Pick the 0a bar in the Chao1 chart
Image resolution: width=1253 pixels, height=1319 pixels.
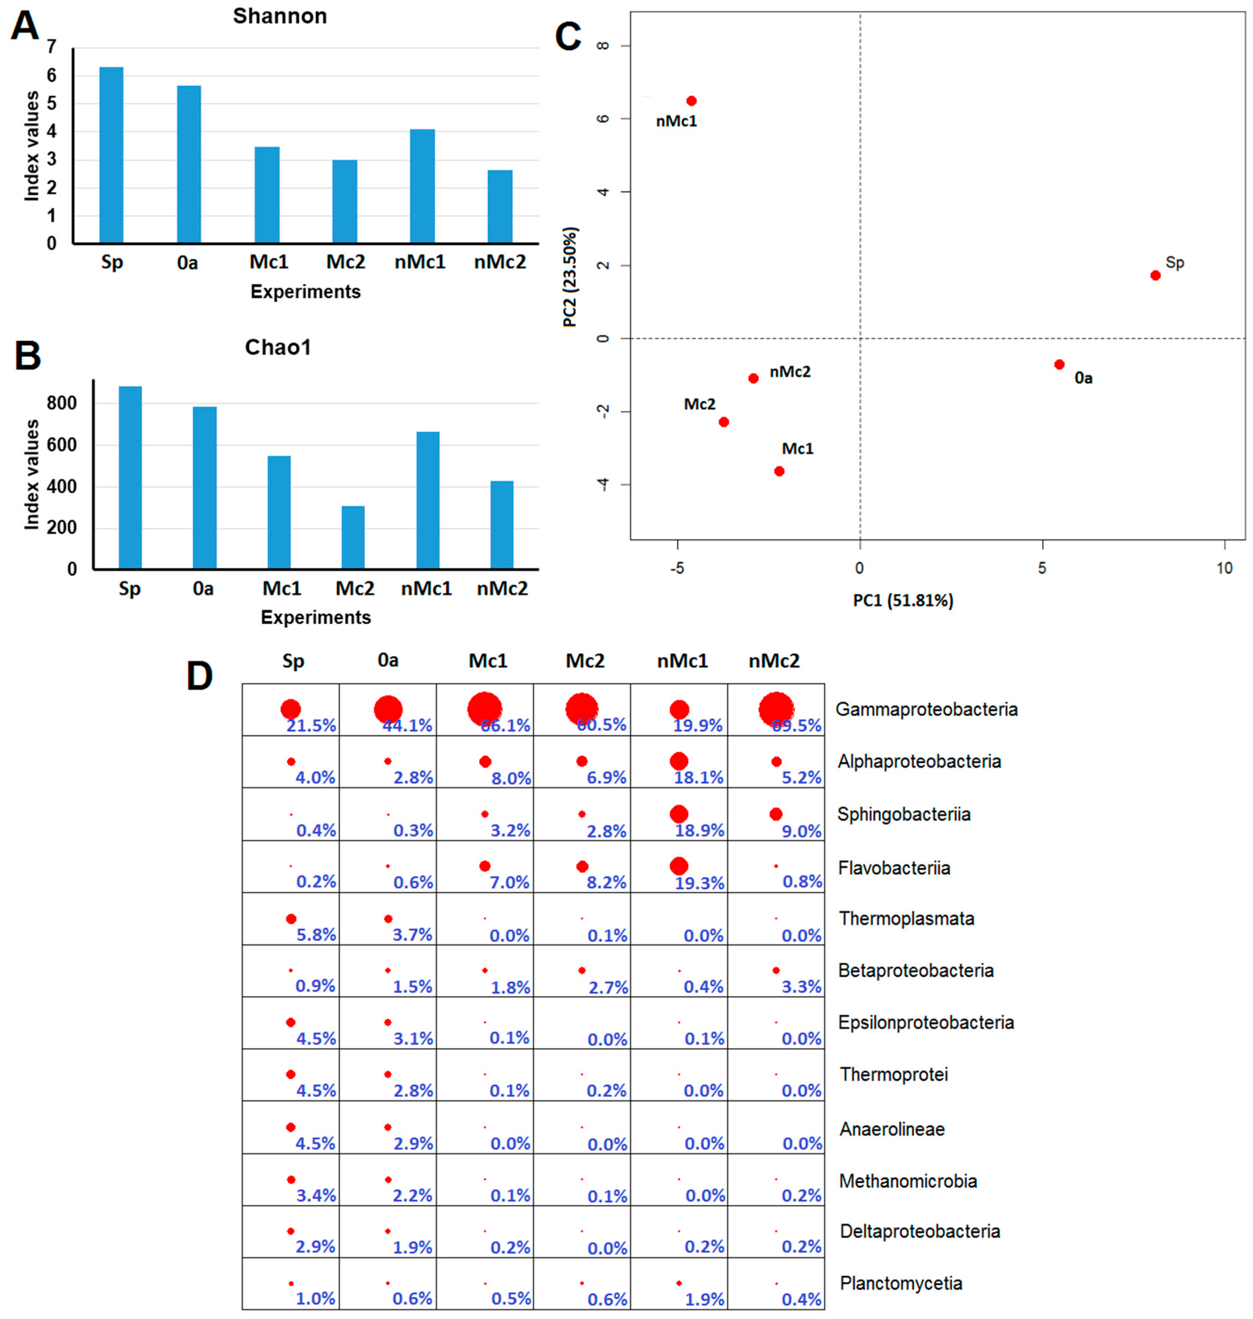tap(204, 488)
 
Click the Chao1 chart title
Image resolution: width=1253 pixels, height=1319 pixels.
tap(278, 348)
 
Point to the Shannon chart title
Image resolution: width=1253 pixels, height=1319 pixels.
tap(280, 16)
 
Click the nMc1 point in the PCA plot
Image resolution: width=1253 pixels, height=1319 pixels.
tap(691, 101)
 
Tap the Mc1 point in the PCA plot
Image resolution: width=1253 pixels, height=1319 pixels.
tap(779, 471)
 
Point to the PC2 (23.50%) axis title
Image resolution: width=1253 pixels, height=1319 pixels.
tap(570, 277)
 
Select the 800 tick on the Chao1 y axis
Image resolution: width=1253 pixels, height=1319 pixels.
tap(62, 403)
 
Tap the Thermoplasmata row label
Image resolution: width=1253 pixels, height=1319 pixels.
tap(906, 919)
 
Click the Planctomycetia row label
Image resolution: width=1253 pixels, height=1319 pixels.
tap(900, 1283)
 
